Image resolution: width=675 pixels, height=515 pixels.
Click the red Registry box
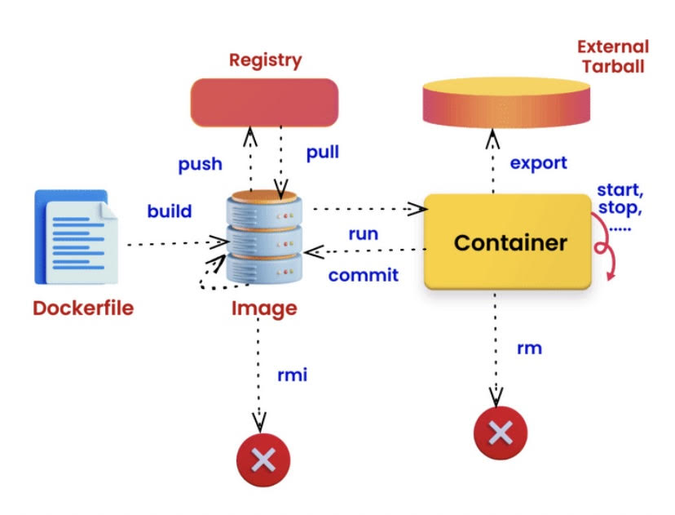pyautogui.click(x=264, y=103)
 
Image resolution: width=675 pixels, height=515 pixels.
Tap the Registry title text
pyautogui.click(x=265, y=60)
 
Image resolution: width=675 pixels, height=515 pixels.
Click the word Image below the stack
pyautogui.click(x=263, y=309)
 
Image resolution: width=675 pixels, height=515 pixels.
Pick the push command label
pyautogui.click(x=200, y=163)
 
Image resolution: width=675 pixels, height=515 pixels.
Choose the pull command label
pyautogui.click(x=323, y=153)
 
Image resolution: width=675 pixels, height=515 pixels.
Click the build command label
pyautogui.click(x=170, y=211)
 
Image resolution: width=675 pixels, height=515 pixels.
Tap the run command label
pyautogui.click(x=363, y=233)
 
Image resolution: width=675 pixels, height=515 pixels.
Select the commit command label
pyautogui.click(x=364, y=275)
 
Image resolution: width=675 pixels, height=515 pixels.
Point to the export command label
pyautogui.click(x=538, y=162)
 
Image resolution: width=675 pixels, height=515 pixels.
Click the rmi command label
pyautogui.click(x=293, y=375)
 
